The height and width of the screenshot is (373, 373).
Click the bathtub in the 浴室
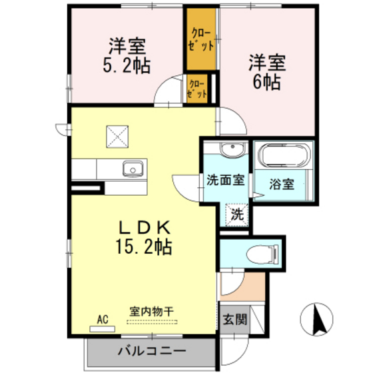tap(283, 157)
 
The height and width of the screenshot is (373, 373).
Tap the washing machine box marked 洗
tap(238, 214)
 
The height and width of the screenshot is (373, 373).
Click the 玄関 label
tap(232, 320)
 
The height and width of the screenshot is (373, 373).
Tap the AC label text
tap(103, 319)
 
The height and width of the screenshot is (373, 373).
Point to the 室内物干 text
tap(152, 311)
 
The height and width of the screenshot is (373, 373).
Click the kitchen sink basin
tap(131, 169)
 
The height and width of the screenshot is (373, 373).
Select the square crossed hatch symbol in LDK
tap(118, 136)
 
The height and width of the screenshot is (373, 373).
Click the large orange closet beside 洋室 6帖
tap(201, 41)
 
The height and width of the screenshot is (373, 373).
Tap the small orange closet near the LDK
tap(198, 89)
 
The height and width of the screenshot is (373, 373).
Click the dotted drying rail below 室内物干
tap(152, 321)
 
